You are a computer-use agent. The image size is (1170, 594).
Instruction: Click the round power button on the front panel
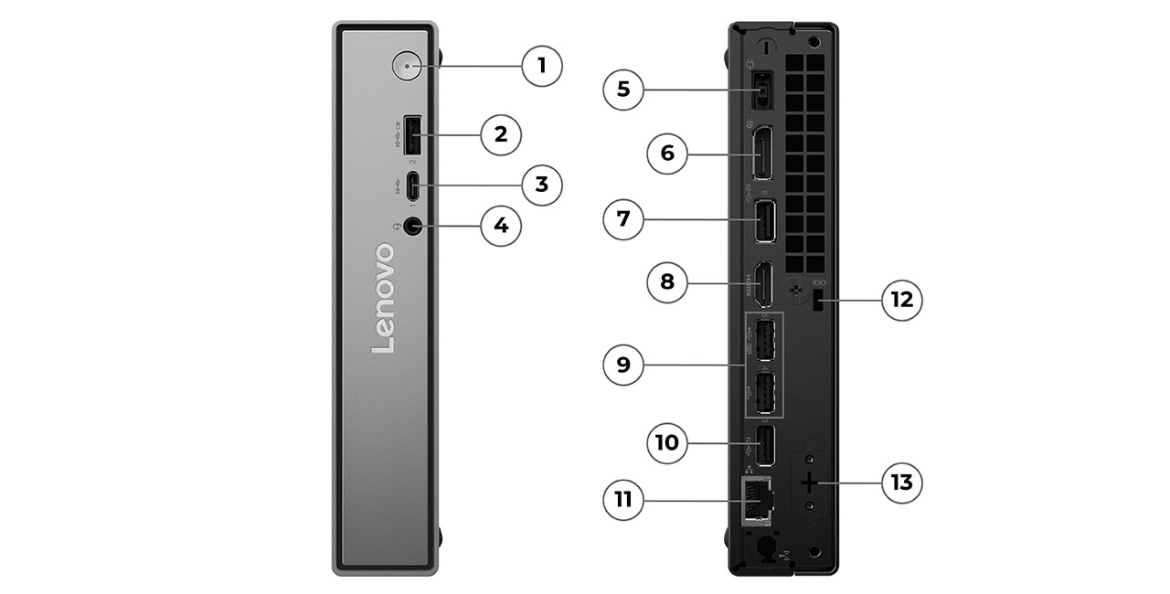[406, 66]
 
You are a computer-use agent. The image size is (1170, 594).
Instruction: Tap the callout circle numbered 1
[542, 66]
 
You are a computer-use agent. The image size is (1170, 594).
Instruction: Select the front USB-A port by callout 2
[411, 136]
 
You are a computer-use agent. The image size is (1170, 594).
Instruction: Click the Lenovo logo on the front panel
[384, 298]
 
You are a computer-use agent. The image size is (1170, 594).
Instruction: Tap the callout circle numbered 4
[501, 225]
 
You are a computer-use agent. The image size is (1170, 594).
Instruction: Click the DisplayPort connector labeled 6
[760, 154]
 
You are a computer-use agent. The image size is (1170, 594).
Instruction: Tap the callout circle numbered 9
[623, 366]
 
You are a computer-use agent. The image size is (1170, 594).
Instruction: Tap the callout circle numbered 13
[902, 482]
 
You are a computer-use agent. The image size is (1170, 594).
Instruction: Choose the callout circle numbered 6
[667, 154]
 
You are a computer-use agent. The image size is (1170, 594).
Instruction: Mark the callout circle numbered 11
[623, 500]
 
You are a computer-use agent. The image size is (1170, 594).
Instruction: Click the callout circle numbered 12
[902, 300]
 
